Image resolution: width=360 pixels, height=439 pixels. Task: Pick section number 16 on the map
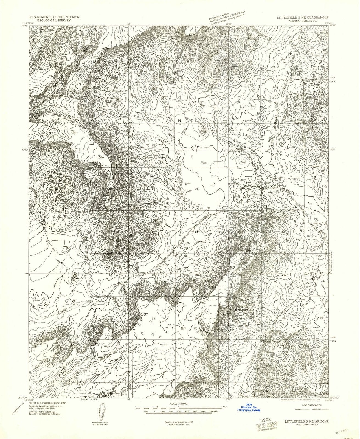click(196, 189)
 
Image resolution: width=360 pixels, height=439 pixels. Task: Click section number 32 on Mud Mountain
click(153, 319)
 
